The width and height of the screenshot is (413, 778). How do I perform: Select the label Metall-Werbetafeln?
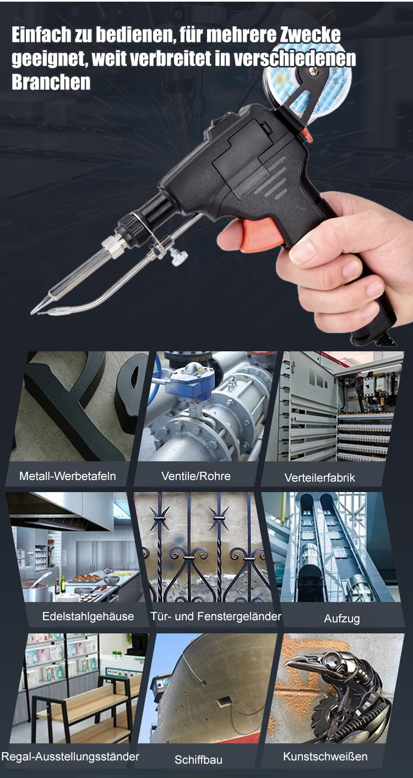(x=68, y=476)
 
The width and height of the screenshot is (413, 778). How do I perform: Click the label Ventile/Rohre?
(x=196, y=476)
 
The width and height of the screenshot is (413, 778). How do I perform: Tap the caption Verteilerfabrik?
(x=320, y=478)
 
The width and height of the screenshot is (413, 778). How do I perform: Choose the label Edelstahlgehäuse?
(x=88, y=616)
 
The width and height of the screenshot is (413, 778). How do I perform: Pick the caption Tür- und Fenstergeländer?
(x=216, y=616)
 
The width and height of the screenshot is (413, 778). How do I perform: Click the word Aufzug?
(x=341, y=619)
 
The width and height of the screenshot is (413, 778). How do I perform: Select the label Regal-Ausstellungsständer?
(x=70, y=757)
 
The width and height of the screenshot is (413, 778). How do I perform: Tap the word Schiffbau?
(x=198, y=760)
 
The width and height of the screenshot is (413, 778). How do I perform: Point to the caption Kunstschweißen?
(x=325, y=757)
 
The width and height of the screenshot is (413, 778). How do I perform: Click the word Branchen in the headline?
(x=51, y=82)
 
